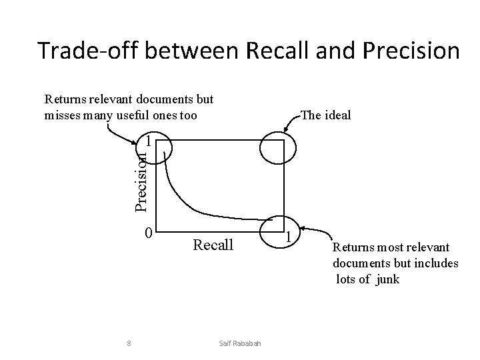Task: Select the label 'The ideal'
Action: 325,115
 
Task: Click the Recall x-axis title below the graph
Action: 213,245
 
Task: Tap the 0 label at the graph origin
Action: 149,233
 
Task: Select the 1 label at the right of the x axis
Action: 289,236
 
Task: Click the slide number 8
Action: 128,344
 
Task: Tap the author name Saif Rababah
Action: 239,344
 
